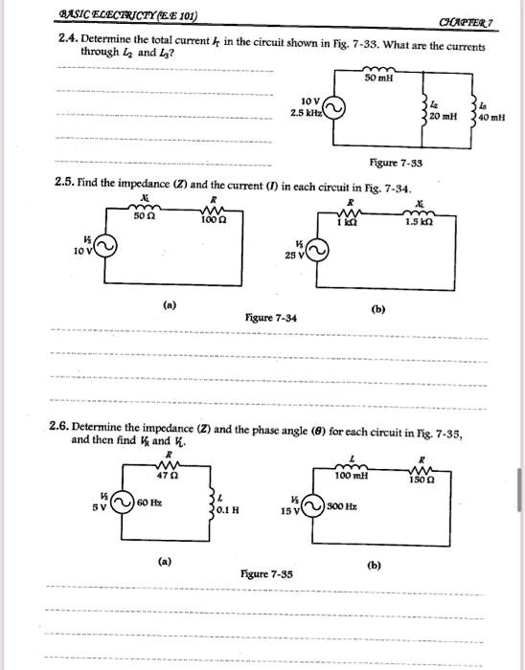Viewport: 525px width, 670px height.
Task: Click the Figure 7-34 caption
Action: coord(269,317)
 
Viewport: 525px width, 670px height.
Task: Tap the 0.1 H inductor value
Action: coord(226,510)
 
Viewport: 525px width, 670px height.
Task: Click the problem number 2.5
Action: coord(65,182)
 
